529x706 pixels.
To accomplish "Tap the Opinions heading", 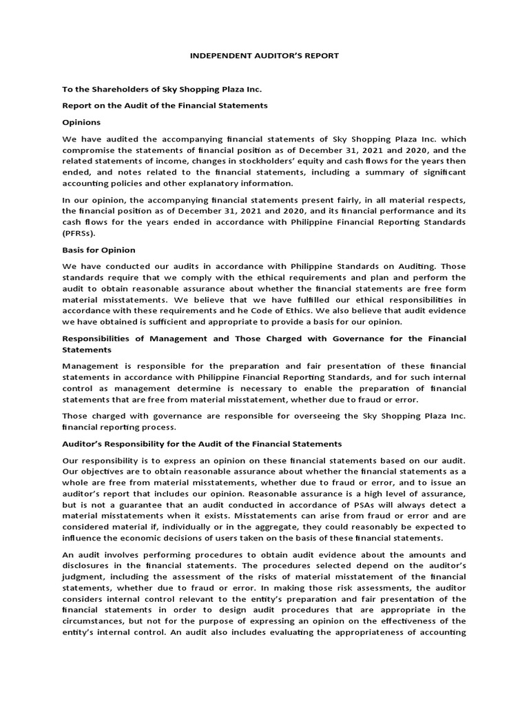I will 81,122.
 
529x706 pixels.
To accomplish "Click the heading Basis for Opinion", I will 98,250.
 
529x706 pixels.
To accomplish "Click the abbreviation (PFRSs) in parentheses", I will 81,233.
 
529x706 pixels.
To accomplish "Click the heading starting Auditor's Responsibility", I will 202,444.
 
